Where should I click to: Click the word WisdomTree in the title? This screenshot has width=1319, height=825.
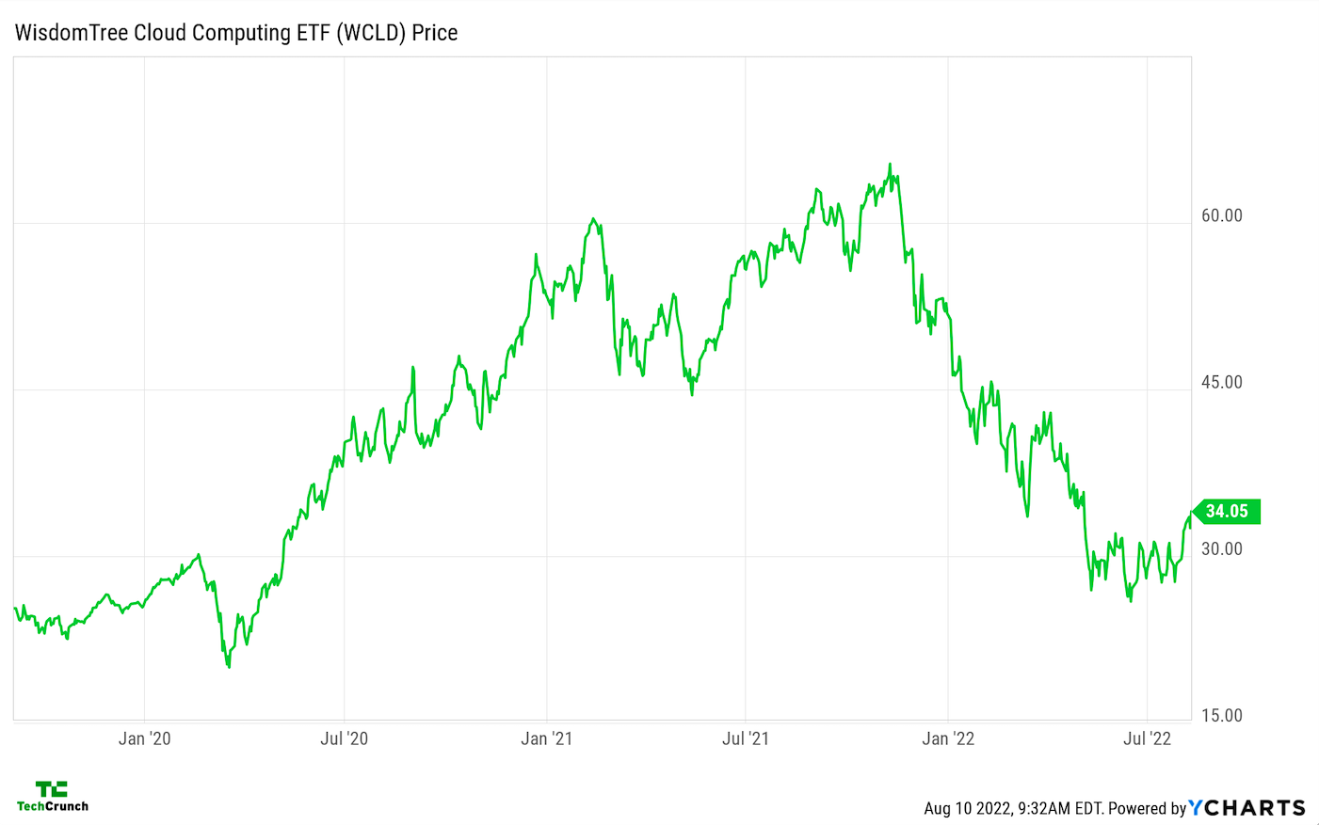tap(72, 33)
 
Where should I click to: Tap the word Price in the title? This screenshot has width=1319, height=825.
tap(435, 33)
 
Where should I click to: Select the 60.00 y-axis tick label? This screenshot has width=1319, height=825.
tap(1221, 215)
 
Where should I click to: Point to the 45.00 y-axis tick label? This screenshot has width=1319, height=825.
tap(1221, 382)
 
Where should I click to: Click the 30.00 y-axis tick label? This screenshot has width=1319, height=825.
tap(1221, 548)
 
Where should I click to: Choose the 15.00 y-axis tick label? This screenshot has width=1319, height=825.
tap(1221, 715)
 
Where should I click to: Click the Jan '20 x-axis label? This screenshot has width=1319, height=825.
tap(145, 738)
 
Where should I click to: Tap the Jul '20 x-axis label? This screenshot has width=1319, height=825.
tap(345, 738)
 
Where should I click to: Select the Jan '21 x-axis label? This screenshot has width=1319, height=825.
tap(547, 738)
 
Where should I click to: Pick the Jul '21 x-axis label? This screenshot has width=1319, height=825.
tap(746, 738)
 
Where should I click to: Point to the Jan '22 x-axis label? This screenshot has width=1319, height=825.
tap(948, 738)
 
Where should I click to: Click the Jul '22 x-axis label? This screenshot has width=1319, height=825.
tap(1148, 738)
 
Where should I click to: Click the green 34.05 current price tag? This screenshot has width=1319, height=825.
tap(1227, 512)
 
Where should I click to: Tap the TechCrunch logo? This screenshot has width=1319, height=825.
tap(53, 796)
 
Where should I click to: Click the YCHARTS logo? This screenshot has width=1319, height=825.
tap(1247, 808)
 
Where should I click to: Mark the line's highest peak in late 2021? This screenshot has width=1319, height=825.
tap(890, 165)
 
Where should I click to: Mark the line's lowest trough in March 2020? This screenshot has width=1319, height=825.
tap(229, 667)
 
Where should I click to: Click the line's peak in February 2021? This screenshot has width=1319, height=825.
tap(592, 219)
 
